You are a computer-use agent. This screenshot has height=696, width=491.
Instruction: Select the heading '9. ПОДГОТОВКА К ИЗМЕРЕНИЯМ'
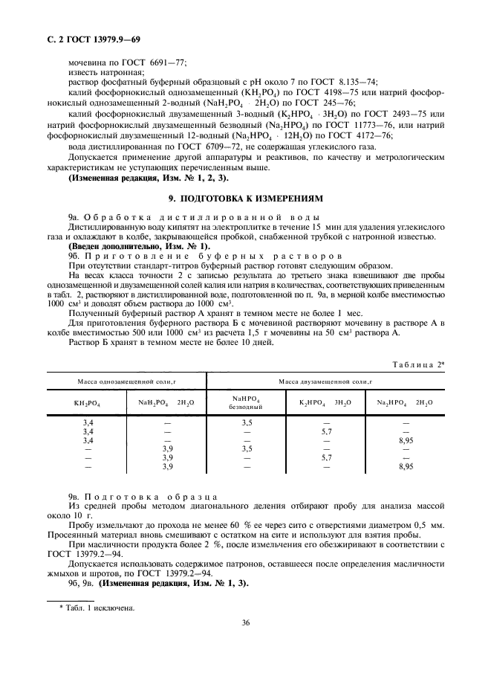[x=245, y=199]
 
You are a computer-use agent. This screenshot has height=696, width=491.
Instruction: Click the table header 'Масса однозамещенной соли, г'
[x=127, y=381]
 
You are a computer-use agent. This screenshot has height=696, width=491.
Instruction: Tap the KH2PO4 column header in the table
[x=88, y=402]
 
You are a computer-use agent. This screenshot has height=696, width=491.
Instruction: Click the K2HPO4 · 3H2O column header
[x=325, y=402]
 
